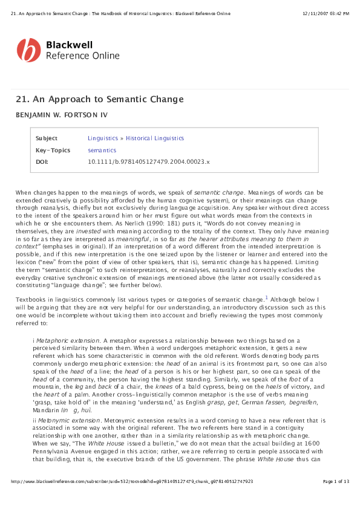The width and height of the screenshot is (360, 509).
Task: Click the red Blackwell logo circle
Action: pyautogui.click(x=28, y=50)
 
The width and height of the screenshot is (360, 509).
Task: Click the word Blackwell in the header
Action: pyautogui.click(x=69, y=45)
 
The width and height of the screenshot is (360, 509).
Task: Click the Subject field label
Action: pyautogui.click(x=47, y=138)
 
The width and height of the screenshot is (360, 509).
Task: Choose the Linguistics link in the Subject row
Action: pyautogui.click(x=103, y=138)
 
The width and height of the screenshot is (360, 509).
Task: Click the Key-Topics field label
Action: pyautogui.click(x=53, y=151)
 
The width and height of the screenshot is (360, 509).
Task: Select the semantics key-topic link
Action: pyautogui.click(x=102, y=151)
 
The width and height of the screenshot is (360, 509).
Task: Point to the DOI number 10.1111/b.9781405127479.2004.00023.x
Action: pyautogui.click(x=148, y=162)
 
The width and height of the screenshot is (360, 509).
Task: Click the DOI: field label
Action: pyautogui.click(x=42, y=162)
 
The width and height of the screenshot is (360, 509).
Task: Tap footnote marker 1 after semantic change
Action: pyautogui.click(x=266, y=297)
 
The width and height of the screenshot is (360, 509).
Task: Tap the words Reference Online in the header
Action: pyautogui.click(x=83, y=56)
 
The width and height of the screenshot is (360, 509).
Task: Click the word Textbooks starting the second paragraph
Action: pyautogui.click(x=31, y=300)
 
